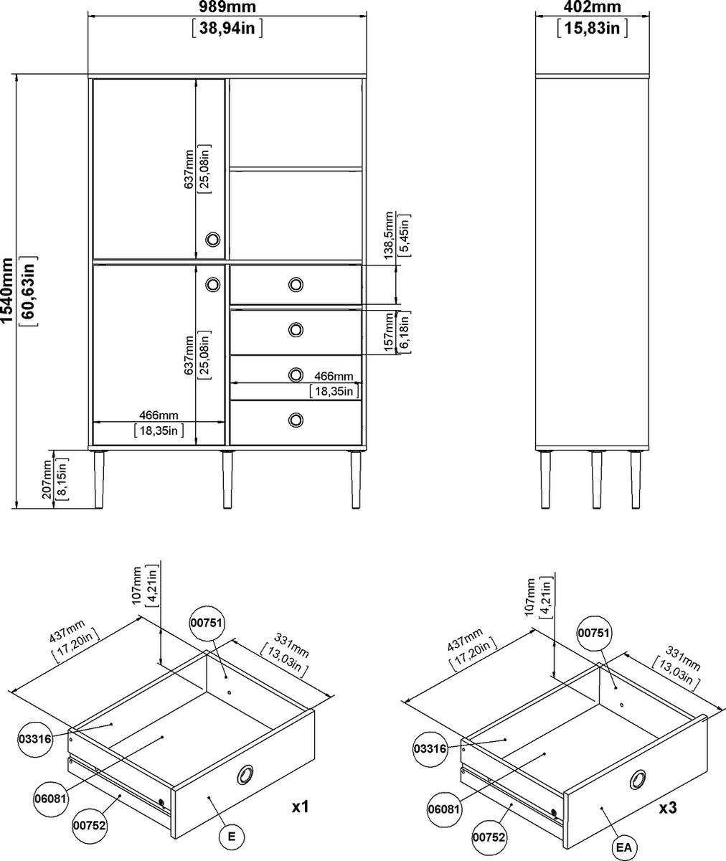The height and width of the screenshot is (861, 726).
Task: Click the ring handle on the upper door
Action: point(213,239)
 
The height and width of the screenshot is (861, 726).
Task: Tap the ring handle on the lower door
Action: point(213,285)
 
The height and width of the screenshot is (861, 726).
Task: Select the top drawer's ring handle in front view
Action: point(296,285)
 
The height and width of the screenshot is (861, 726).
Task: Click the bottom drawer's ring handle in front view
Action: point(296,420)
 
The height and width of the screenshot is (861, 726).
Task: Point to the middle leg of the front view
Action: point(227,479)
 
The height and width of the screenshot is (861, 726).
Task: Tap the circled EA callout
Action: point(624,844)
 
